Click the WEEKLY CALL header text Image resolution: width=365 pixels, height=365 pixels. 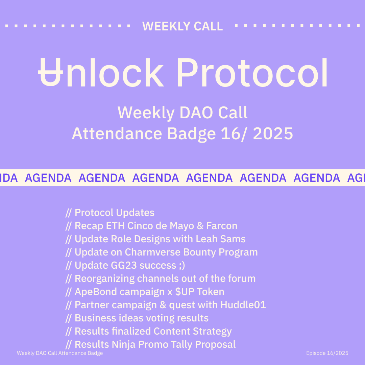[182, 26]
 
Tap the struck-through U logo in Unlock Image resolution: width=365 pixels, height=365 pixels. [50, 72]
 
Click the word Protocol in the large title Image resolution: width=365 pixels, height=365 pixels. [252, 72]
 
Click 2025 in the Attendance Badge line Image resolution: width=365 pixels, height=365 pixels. [273, 133]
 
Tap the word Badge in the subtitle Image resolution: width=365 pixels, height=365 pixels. [191, 134]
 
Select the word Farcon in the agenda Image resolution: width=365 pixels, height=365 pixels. [222, 226]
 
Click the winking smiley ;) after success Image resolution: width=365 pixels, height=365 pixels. [182, 266]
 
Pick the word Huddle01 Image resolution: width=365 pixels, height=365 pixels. [243, 305]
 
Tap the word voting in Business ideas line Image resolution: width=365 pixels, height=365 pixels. [160, 318]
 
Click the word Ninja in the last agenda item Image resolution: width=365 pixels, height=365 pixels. [123, 345]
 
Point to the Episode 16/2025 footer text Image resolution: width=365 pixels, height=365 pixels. [327, 353]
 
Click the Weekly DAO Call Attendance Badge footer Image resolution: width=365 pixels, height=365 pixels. [60, 353]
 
